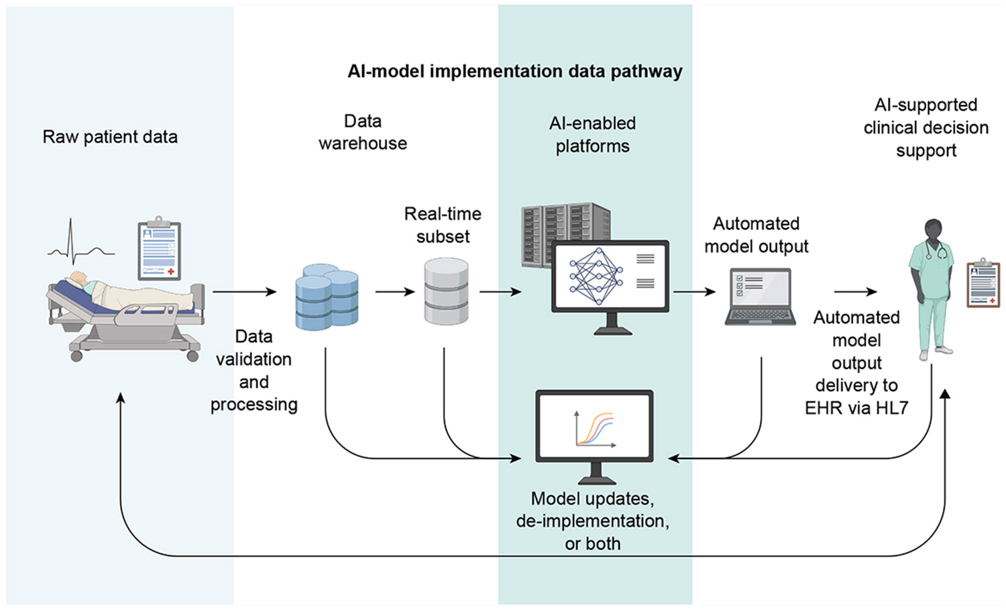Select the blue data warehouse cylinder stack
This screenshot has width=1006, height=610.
click(x=327, y=297)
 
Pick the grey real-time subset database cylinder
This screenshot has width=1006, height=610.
click(x=447, y=291)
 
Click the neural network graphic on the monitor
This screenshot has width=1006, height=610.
click(x=596, y=276)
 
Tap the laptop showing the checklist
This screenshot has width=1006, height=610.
click(x=760, y=297)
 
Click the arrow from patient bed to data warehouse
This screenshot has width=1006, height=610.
click(x=245, y=292)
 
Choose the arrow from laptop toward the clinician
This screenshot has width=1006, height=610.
click(x=856, y=292)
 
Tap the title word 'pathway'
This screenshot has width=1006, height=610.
click(x=647, y=72)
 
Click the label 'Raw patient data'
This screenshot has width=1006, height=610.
click(x=110, y=137)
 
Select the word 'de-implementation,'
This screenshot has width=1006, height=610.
click(x=592, y=521)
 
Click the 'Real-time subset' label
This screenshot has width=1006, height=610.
click(x=443, y=225)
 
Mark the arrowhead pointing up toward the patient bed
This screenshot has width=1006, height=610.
click(x=120, y=398)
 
